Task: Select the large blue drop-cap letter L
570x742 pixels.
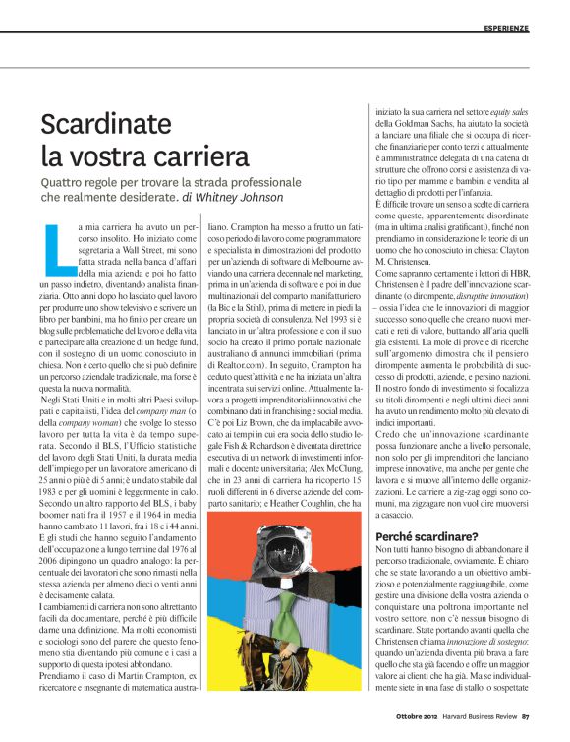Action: coord(57,246)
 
